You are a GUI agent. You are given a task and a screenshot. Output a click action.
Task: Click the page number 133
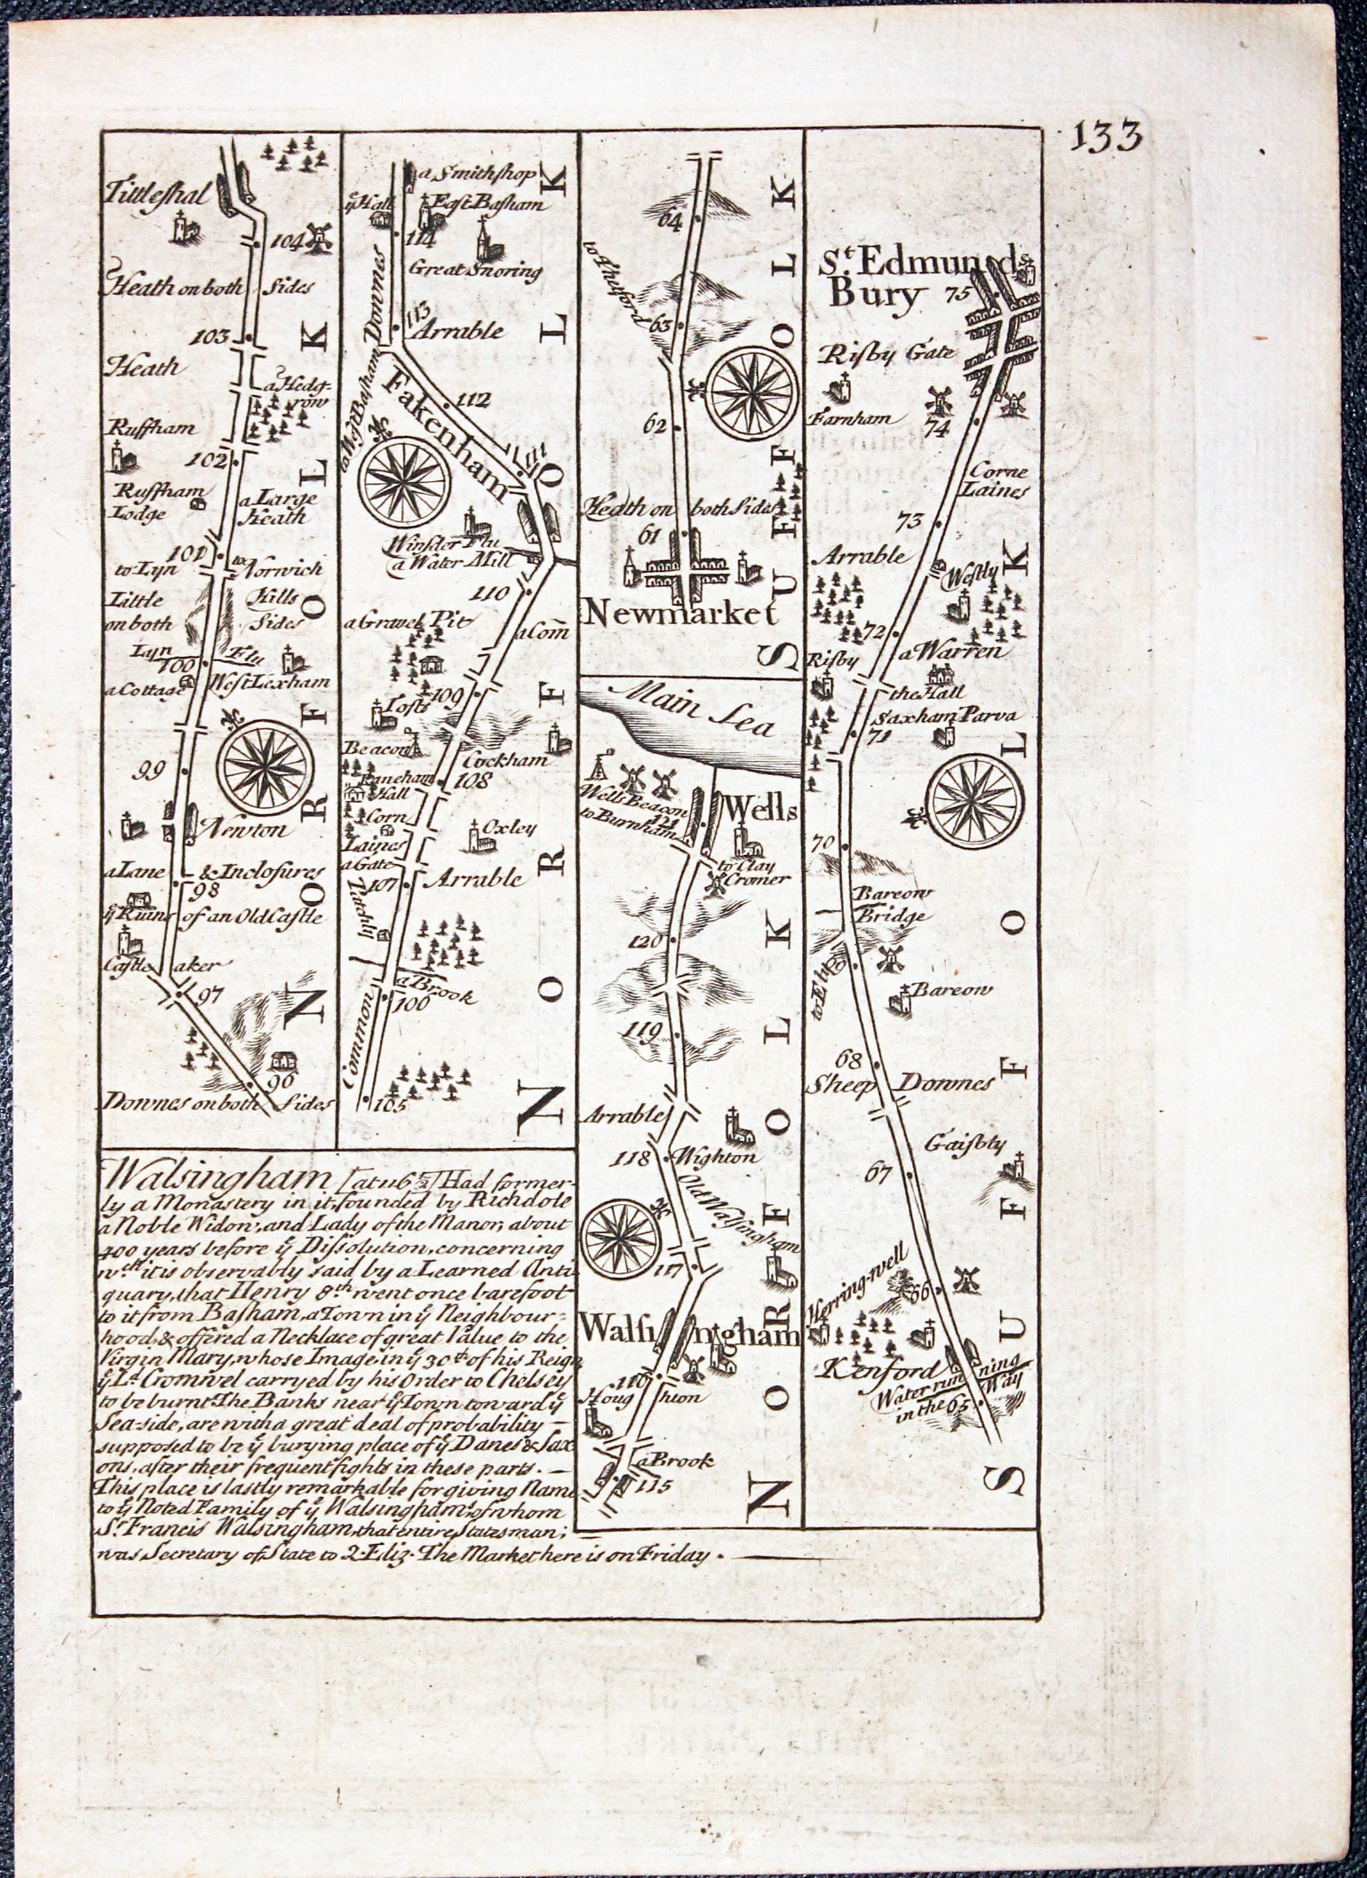(x=1106, y=138)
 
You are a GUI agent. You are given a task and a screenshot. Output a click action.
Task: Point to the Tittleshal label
(x=155, y=193)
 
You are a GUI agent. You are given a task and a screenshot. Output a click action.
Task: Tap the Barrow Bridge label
(x=890, y=904)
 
